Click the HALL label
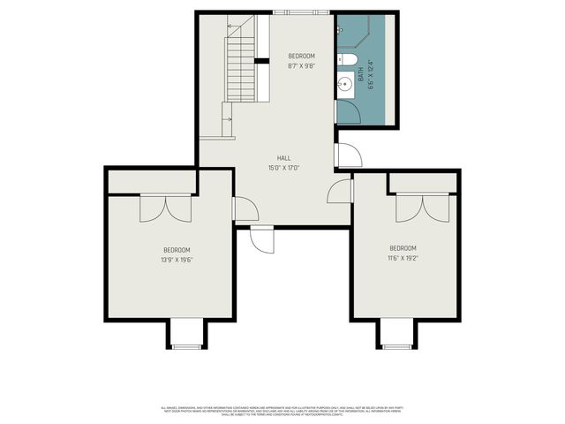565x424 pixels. tap(283, 158)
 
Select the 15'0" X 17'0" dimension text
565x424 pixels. tap(283, 167)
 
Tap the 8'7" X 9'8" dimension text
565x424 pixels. tap(301, 65)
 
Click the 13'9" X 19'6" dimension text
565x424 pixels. tap(177, 260)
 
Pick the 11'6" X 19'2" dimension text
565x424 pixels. tap(403, 258)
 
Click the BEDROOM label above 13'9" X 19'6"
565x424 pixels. tap(177, 250)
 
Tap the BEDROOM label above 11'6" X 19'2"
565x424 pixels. tap(403, 248)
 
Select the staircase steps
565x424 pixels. tap(241, 67)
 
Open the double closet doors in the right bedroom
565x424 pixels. tap(423, 207)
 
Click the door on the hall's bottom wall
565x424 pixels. tap(262, 238)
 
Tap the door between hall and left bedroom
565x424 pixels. tap(244, 208)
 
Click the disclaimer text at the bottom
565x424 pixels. tap(282, 410)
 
